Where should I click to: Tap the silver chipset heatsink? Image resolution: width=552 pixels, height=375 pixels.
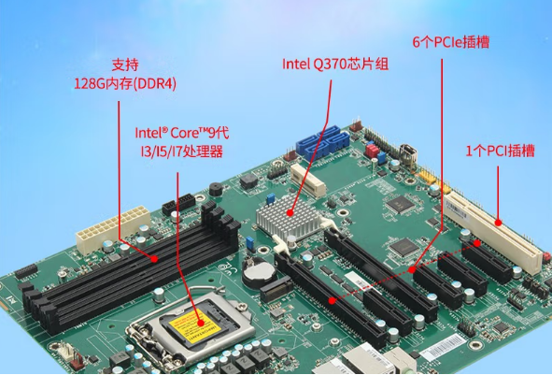(289, 217)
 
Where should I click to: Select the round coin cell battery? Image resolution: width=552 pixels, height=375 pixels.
(260, 271)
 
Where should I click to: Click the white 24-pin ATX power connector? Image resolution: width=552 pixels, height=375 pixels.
(113, 229)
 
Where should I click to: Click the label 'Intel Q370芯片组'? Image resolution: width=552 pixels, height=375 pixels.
(335, 64)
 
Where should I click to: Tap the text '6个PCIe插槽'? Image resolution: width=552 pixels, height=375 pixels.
(451, 42)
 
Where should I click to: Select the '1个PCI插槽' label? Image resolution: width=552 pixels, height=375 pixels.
(501, 151)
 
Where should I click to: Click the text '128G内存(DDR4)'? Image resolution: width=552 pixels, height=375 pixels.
(125, 84)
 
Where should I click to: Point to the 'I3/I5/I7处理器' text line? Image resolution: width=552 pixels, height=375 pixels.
(181, 151)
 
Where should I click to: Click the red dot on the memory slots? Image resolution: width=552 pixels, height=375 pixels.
(154, 259)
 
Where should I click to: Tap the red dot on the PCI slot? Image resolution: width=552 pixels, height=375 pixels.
(498, 223)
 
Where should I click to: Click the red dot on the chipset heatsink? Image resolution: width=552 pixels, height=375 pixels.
(290, 212)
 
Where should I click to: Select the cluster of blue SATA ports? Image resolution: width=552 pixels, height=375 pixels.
(323, 141)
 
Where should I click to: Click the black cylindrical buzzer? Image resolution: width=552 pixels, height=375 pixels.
(216, 189)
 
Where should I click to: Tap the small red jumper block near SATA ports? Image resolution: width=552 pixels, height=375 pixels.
(372, 151)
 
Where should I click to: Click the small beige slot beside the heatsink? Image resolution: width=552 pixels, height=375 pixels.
(308, 180)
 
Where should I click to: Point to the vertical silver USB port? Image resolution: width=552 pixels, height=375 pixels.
(409, 154)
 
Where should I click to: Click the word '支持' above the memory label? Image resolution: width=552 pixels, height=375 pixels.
(125, 65)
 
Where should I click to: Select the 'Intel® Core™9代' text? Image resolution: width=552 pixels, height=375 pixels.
(182, 133)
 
